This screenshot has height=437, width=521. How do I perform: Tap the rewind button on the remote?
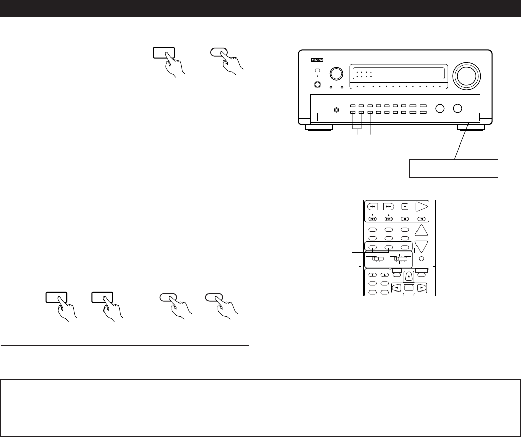tap(372, 207)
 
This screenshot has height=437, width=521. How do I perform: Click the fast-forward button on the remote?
tap(388, 207)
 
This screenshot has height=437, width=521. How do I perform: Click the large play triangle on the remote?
tap(422, 206)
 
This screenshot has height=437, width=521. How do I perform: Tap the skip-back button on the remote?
tap(372, 219)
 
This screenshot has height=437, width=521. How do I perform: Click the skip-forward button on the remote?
tap(388, 219)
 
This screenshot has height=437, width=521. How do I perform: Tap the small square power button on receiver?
tap(318, 71)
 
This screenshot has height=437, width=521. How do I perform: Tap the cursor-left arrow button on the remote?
tap(397, 287)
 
